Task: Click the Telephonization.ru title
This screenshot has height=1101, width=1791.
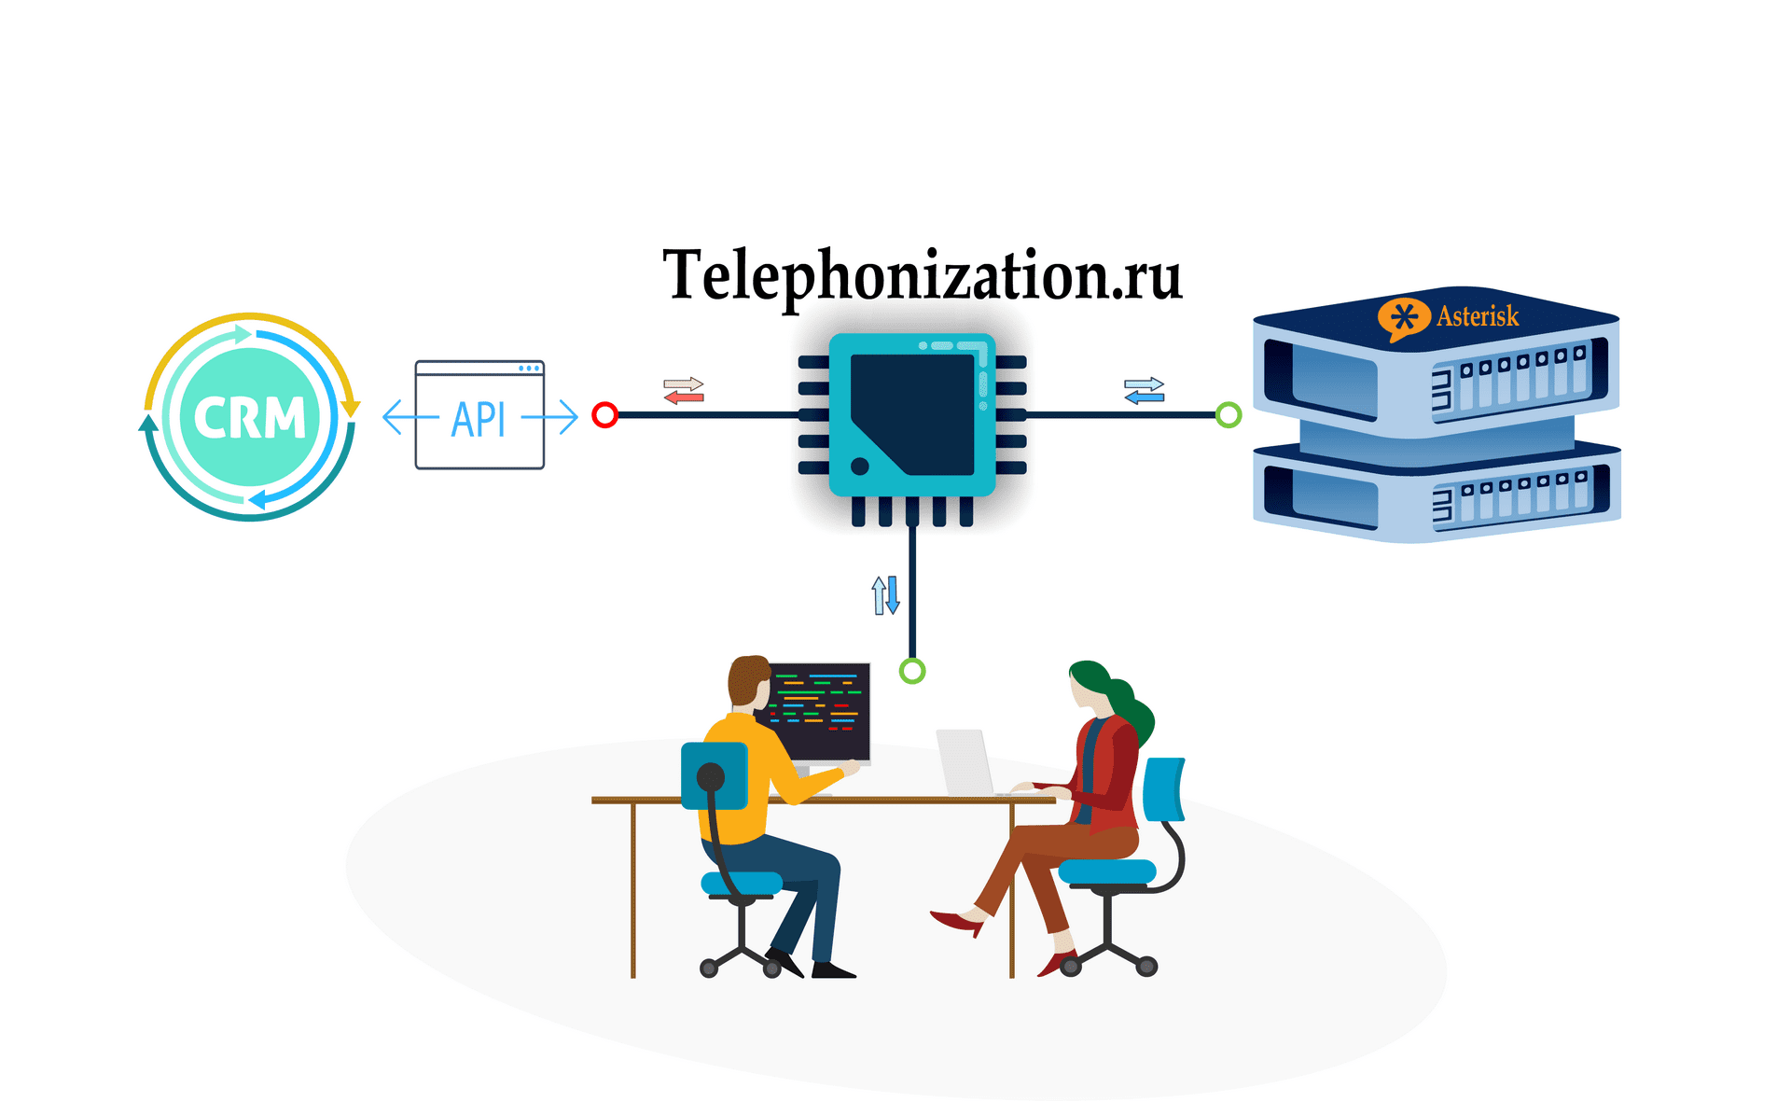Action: point(922,275)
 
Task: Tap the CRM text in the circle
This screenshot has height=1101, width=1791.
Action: point(249,417)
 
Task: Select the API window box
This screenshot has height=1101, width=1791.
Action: point(479,415)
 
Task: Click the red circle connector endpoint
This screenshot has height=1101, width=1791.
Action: point(604,415)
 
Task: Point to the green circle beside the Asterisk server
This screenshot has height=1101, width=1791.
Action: point(1229,415)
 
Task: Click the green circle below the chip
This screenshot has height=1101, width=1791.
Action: point(911,671)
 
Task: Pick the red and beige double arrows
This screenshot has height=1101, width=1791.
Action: point(684,390)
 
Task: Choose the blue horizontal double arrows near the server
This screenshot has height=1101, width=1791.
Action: point(1145,390)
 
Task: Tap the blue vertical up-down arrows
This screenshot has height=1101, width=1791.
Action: point(885,594)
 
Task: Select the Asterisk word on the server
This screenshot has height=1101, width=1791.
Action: point(1478,316)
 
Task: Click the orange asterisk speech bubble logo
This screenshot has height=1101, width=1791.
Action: point(1403,318)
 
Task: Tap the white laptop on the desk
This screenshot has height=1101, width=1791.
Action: point(965,762)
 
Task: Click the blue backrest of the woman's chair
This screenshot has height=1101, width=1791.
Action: point(1163,789)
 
